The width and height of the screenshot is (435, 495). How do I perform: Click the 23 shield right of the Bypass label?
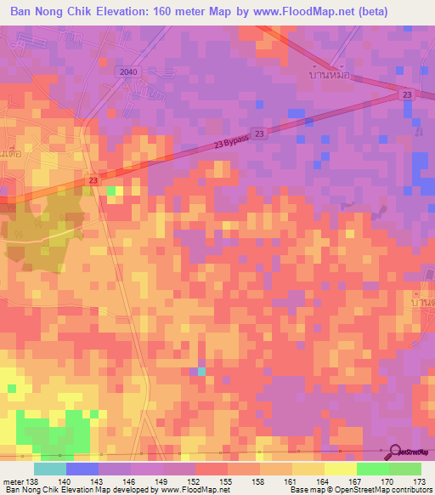point(259,134)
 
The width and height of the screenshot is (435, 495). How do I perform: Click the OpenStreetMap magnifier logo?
point(397,451)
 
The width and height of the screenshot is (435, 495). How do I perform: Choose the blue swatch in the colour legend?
point(82,469)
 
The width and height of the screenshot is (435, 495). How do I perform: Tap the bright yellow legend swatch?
point(341,469)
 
